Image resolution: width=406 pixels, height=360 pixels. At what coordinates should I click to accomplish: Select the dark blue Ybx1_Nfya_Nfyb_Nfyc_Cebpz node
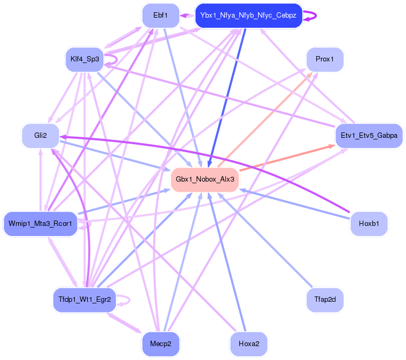pyautogui.click(x=248, y=15)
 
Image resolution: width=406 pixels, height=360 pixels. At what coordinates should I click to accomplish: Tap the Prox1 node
pyautogui.click(x=324, y=59)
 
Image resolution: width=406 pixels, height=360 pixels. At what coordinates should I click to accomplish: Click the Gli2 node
pyautogui.click(x=40, y=136)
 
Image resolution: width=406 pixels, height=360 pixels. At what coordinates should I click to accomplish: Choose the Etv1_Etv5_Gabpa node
pyautogui.click(x=369, y=136)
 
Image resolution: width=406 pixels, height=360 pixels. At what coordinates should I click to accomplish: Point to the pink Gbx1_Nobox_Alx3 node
pyautogui.click(x=205, y=179)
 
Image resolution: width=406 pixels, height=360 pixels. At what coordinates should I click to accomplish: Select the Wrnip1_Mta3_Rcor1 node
pyautogui.click(x=41, y=223)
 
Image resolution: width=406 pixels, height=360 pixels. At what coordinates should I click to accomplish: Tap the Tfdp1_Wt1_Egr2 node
pyautogui.click(x=84, y=300)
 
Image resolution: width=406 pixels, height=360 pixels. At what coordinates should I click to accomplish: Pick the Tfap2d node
pyautogui.click(x=324, y=300)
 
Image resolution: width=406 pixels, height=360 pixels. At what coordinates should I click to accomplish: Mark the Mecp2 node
pyautogui.click(x=160, y=343)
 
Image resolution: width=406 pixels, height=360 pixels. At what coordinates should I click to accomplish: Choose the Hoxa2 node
pyautogui.click(x=248, y=343)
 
